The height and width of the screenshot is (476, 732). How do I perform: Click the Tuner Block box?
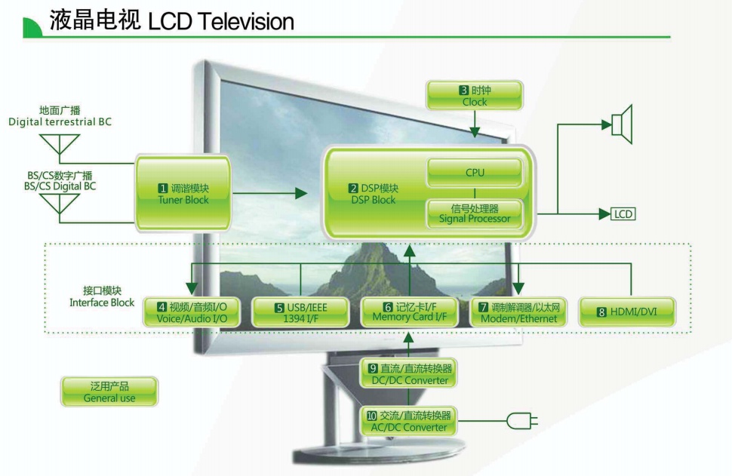pyautogui.click(x=183, y=193)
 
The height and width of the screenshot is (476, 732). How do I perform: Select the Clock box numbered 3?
pyautogui.click(x=474, y=95)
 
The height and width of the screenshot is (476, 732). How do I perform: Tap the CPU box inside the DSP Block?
pyautogui.click(x=475, y=173)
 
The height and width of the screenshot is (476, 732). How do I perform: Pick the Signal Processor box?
pyautogui.click(x=475, y=213)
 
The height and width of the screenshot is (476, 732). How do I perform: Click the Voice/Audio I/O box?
pyautogui.click(x=192, y=312)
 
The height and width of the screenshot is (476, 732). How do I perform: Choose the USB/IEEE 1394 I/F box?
pyautogui.click(x=300, y=312)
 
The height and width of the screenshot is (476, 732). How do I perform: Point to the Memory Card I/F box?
pyautogui.click(x=409, y=312)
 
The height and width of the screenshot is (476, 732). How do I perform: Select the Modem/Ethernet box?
pyautogui.click(x=518, y=312)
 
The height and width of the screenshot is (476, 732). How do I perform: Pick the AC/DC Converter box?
pyautogui.click(x=409, y=421)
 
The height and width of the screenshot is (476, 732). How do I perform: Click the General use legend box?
pyautogui.click(x=109, y=392)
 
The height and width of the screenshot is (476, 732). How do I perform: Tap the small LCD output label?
pyautogui.click(x=623, y=214)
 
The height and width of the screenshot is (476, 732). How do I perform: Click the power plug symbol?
pyautogui.click(x=521, y=420)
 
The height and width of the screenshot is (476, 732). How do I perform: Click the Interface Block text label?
pyautogui.click(x=102, y=296)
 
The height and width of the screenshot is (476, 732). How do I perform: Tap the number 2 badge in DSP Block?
pyautogui.click(x=353, y=188)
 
